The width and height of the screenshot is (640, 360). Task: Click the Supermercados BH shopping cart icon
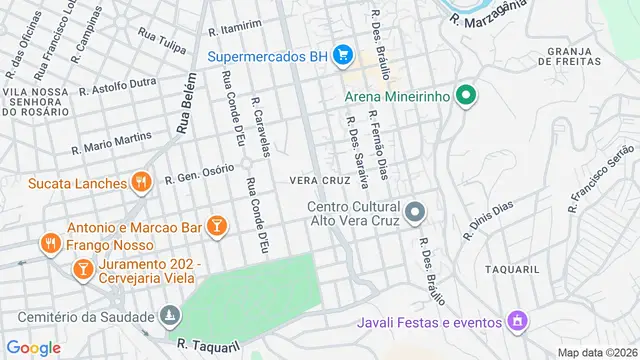pyautogui.click(x=342, y=55)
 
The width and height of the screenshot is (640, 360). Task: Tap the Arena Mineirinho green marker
pyautogui.click(x=463, y=96)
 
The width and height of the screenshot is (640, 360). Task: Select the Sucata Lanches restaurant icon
pyautogui.click(x=142, y=182)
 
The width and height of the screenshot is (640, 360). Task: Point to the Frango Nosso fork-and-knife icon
pyautogui.click(x=49, y=243)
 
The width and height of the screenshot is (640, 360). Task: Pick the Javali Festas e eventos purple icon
pyautogui.click(x=516, y=321)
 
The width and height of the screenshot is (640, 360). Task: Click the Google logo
pyautogui.click(x=34, y=347)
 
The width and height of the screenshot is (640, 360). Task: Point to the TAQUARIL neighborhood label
pyautogui.click(x=512, y=270)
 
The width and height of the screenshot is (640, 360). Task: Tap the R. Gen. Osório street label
pyautogui.click(x=198, y=174)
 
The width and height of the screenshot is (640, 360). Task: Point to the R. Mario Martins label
pyautogui.click(x=111, y=144)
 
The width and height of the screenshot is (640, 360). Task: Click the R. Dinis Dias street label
pyautogui.click(x=487, y=221)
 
